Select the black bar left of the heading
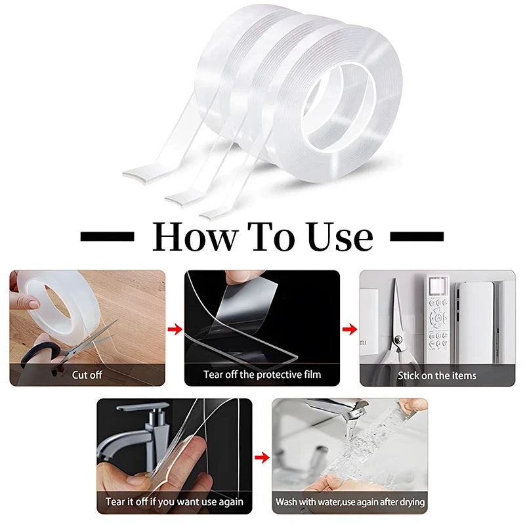[107, 236]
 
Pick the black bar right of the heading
[417, 236]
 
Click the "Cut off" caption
[87, 375]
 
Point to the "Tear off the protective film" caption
[262, 374]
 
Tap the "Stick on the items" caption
[437, 375]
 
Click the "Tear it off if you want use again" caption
[174, 501]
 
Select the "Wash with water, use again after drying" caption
[350, 502]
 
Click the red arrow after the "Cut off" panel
[175, 329]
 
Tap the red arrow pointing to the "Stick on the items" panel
[350, 329]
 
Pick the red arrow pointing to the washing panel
[262, 457]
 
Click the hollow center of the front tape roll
[337, 108]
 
